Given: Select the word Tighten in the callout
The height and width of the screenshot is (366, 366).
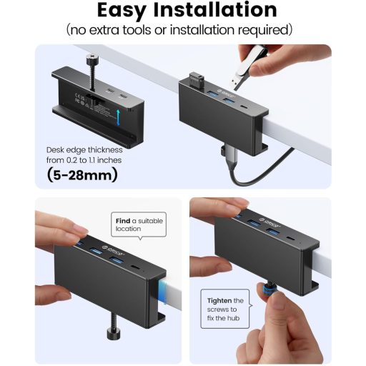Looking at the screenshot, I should [x=217, y=301].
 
